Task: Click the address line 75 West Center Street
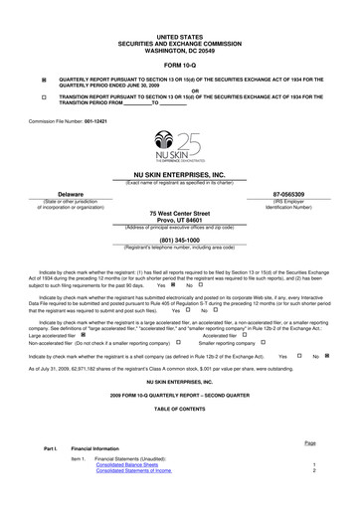coord(179,214)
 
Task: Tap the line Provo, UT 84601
coord(179,221)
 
